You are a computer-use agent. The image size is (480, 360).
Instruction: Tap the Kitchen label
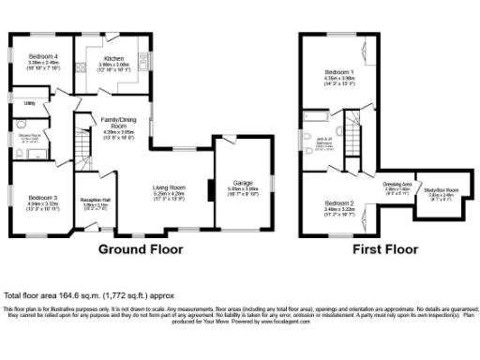[x=113, y=58]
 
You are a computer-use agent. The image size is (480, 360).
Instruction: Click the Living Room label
[x=170, y=187]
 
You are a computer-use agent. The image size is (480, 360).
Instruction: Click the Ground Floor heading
[x=141, y=249]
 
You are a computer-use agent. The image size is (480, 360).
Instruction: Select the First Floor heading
[x=385, y=249]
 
